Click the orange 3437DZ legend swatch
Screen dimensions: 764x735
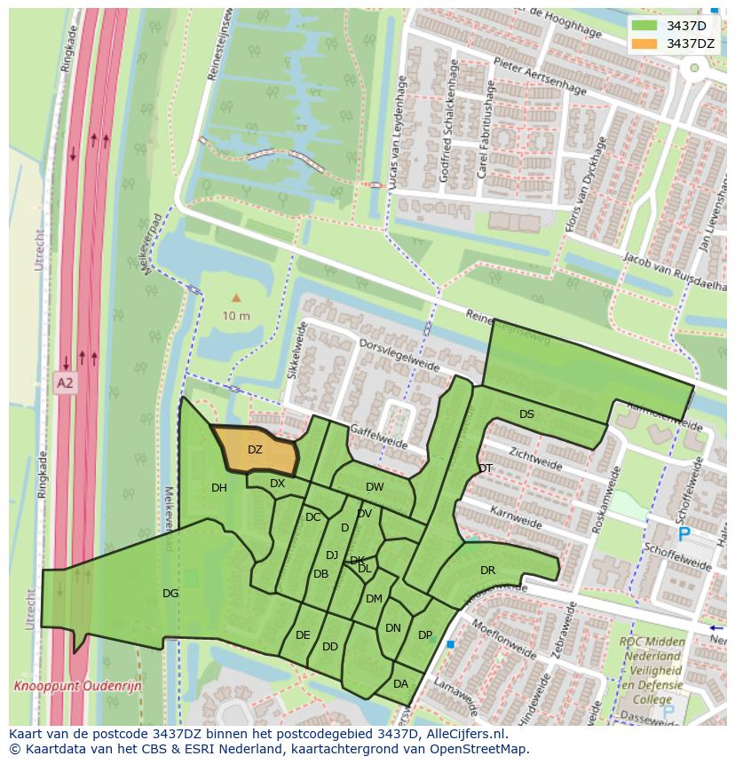coord(644,43)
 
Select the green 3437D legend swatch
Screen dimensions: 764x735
coord(644,25)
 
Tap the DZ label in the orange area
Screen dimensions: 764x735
coord(255,450)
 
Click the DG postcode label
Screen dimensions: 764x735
coord(170,594)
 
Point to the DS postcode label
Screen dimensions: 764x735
coord(526,414)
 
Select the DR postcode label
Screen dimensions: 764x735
coord(487,571)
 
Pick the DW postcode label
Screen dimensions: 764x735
coord(375,487)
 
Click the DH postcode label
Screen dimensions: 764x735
coord(219,488)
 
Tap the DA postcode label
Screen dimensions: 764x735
coord(400,684)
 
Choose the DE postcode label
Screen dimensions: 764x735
coord(303,635)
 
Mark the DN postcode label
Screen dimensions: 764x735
coord(393,628)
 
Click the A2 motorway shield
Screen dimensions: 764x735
coord(65,383)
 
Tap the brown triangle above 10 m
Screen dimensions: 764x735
coord(235,298)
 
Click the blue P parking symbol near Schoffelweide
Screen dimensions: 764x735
coord(684,534)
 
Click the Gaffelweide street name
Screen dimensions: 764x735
coord(379,436)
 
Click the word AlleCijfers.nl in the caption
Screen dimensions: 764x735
coord(462,734)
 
